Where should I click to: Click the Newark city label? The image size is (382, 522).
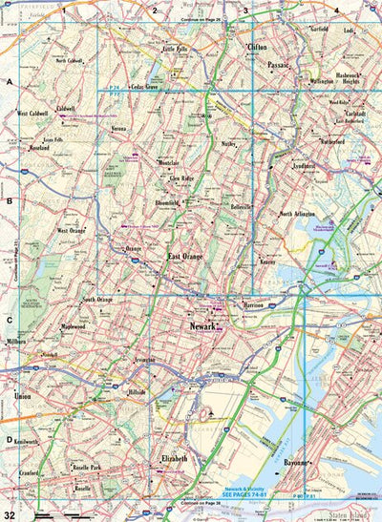(x=198, y=326)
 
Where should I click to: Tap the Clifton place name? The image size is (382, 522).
(x=257, y=46)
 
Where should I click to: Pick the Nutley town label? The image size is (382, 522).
(x=228, y=144)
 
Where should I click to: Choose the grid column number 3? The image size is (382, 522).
(x=245, y=10)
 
